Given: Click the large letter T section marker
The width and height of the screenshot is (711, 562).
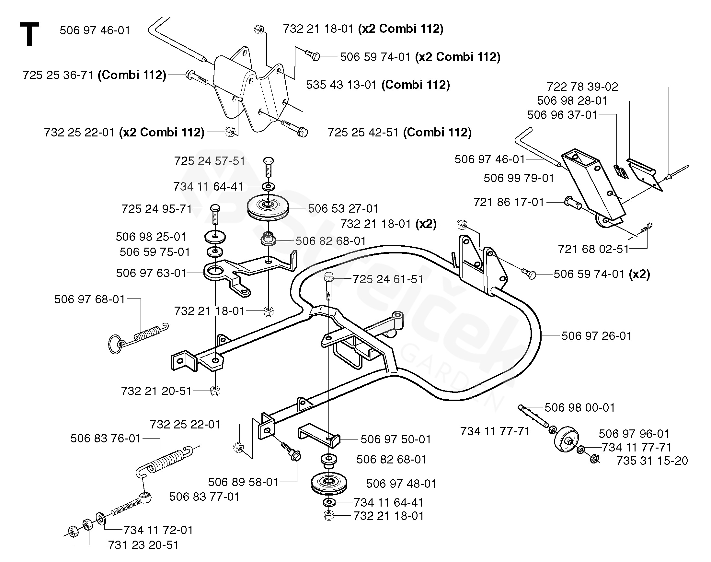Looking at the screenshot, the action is click(29, 34).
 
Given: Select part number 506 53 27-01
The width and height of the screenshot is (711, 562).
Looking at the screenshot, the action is click(343, 208).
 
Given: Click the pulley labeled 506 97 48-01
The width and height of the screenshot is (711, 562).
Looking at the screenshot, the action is click(328, 483).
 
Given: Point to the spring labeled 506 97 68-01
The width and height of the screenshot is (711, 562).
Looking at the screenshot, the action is click(138, 338).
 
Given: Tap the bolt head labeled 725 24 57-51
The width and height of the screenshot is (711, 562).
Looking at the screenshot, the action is click(268, 161).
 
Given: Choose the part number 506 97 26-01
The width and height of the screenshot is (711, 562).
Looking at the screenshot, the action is click(596, 336).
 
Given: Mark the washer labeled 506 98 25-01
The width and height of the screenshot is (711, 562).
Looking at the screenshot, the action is click(215, 236).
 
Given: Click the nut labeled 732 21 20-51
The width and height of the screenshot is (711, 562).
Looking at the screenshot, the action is click(215, 391).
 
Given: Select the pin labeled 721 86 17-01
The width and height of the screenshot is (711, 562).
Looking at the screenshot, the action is click(573, 202).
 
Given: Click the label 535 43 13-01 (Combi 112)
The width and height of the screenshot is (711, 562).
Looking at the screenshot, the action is click(378, 85).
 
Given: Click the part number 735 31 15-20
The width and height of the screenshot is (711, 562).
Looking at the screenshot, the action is click(652, 461).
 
